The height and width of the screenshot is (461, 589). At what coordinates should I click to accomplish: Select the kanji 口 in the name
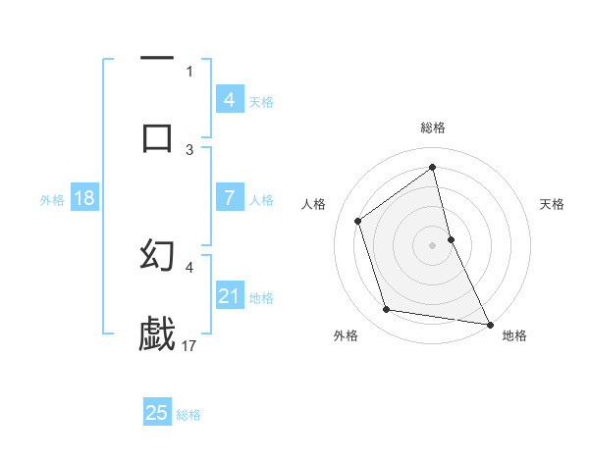tap(157, 136)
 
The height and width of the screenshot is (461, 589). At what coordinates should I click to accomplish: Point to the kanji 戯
tap(157, 333)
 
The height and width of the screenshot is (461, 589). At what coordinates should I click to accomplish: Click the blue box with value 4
tap(229, 100)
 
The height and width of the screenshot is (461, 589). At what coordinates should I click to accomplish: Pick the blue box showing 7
tap(229, 198)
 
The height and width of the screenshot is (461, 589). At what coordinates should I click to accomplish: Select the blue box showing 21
tap(229, 296)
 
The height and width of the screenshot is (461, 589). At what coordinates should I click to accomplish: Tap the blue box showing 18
tap(84, 198)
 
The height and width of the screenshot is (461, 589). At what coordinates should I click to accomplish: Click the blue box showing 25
tap(156, 413)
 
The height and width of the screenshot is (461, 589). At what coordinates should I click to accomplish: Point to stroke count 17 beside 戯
tap(190, 345)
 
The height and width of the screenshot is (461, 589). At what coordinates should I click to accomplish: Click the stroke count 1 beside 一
tap(189, 71)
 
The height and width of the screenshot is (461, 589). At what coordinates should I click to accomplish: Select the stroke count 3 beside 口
tap(189, 149)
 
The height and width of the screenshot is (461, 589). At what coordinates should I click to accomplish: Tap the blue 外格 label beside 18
tap(52, 200)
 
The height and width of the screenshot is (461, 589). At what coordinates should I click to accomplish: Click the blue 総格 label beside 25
tap(188, 415)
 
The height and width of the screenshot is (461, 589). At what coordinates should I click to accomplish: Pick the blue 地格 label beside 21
tap(261, 298)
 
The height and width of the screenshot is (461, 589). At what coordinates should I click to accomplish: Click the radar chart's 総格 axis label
tap(433, 128)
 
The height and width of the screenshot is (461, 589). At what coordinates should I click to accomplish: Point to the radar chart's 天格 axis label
tap(553, 204)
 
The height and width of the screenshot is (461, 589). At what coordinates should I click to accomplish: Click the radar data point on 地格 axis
tap(489, 323)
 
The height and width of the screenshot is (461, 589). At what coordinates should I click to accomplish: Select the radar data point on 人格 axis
tap(358, 221)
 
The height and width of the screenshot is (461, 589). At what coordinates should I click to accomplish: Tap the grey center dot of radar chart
tap(433, 244)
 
